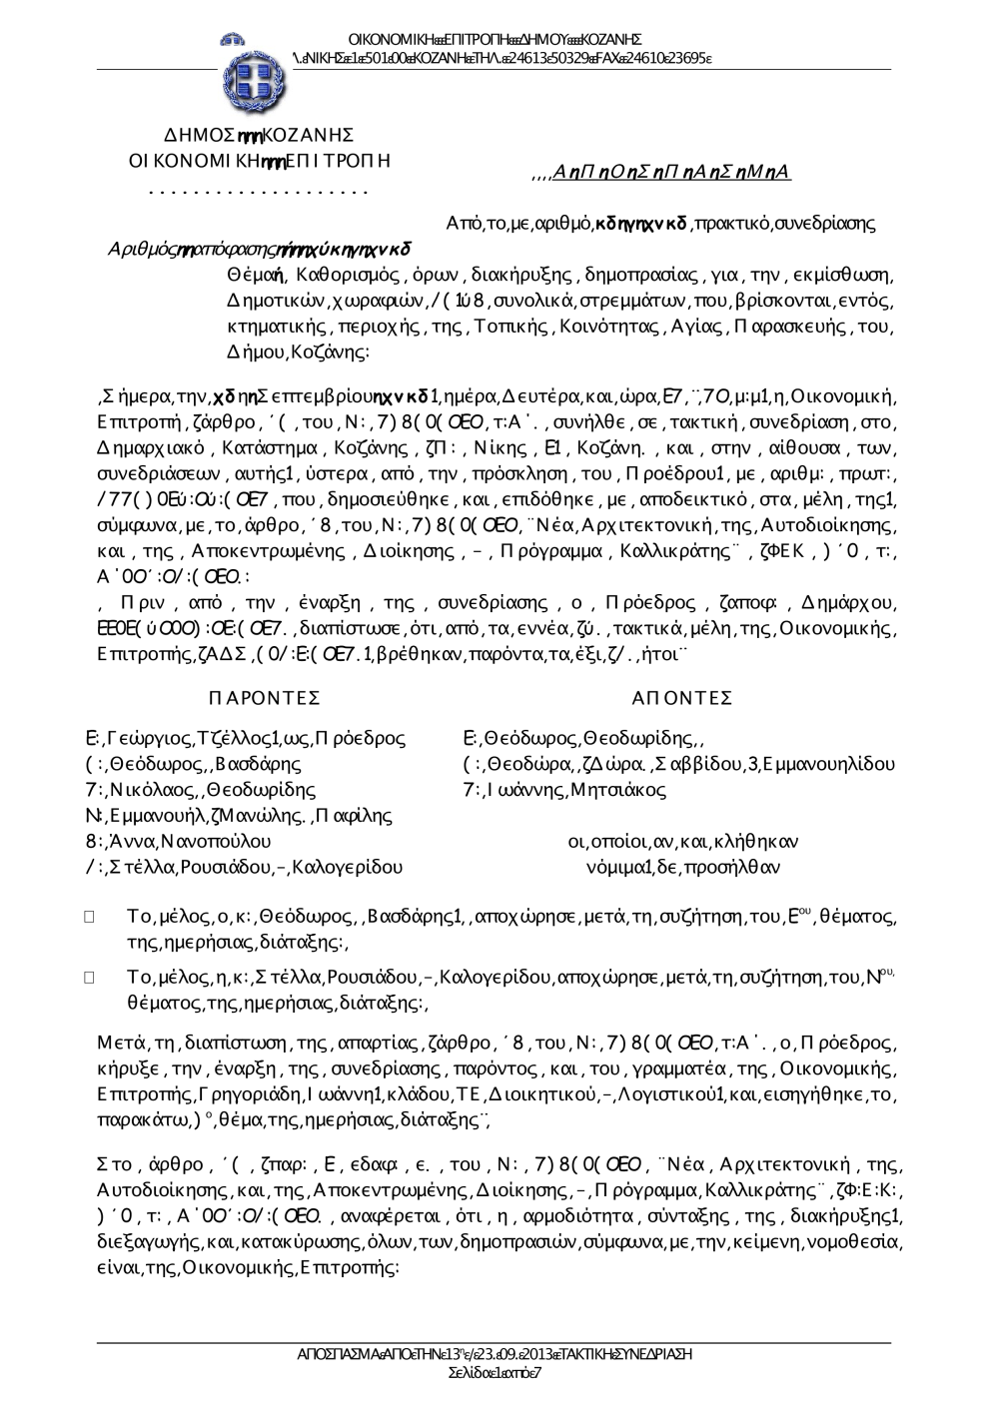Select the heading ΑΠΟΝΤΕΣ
click(x=682, y=697)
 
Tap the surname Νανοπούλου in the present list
click(x=210, y=842)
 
